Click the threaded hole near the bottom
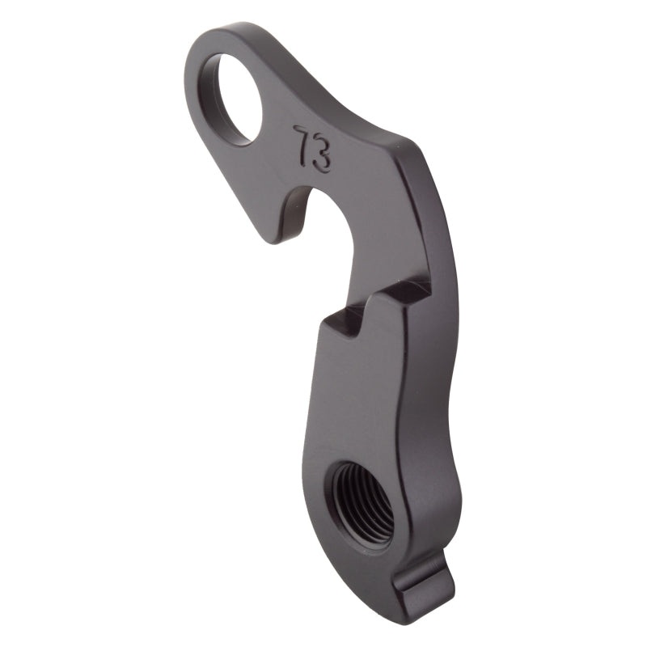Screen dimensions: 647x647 pyautogui.click(x=362, y=501)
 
